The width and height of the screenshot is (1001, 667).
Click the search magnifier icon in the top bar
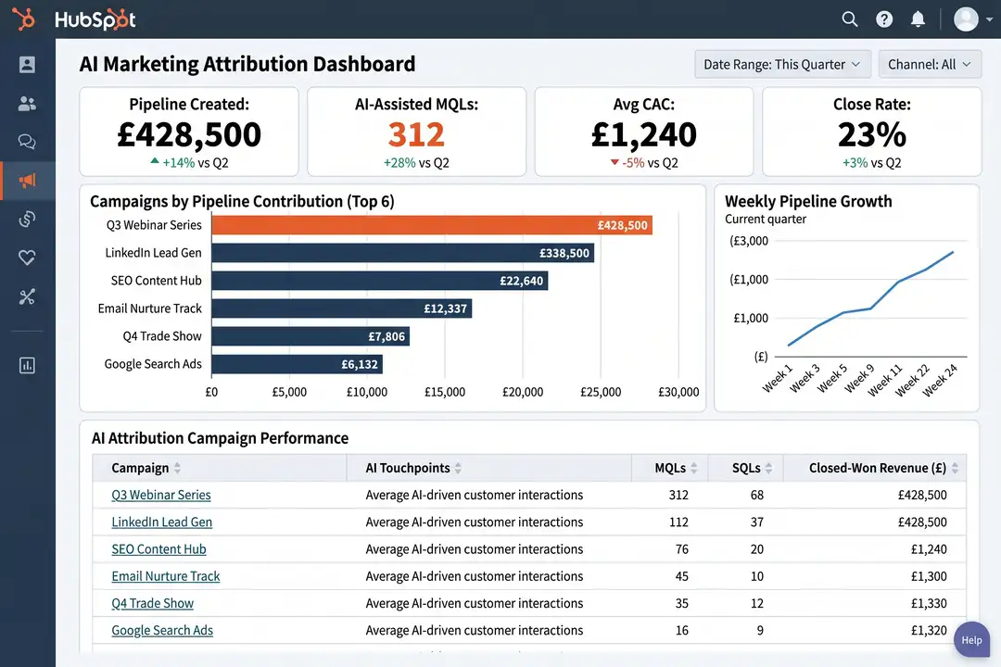point(849,19)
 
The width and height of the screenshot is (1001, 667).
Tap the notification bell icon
point(918,19)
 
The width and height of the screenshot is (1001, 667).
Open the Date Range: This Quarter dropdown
point(782,64)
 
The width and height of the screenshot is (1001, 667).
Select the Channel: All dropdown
point(930,64)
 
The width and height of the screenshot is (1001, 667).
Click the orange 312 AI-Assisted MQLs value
point(416,134)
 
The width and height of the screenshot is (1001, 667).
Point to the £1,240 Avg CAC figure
point(643,134)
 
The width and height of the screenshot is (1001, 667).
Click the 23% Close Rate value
point(871,134)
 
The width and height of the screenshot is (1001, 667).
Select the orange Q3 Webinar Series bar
point(432,225)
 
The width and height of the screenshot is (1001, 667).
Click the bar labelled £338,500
point(403,253)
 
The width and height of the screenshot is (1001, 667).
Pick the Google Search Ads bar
point(297,364)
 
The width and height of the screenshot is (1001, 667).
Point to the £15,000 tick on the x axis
point(445,392)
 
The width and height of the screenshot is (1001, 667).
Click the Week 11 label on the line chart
point(885,381)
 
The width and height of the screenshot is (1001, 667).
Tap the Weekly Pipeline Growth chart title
point(808,201)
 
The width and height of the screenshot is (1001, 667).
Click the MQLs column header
point(670,468)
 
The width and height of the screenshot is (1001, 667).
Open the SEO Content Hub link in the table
point(158,549)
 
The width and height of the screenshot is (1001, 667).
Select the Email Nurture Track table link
point(166,576)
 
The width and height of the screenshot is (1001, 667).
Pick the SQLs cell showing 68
point(756,495)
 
